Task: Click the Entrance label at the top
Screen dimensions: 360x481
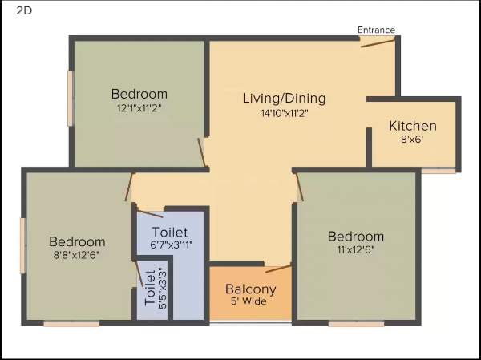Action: (376, 30)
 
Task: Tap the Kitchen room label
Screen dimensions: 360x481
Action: (413, 126)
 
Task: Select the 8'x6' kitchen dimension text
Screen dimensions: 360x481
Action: (412, 139)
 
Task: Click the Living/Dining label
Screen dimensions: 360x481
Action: (284, 99)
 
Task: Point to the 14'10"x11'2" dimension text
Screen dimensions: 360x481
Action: (284, 113)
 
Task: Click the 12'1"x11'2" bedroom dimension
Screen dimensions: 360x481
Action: (139, 107)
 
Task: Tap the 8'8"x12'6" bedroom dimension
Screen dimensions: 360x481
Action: (77, 255)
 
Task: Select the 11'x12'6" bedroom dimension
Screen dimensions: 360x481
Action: (355, 249)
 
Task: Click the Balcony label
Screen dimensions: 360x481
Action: (250, 289)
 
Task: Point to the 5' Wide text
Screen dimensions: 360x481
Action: (250, 302)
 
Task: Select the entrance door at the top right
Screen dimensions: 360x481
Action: (377, 42)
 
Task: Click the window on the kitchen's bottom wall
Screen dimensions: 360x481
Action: (438, 170)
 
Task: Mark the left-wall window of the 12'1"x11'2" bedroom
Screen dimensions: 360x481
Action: (71, 98)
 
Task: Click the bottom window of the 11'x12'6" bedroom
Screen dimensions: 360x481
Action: (355, 324)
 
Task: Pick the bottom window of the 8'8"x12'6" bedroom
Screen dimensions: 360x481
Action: (71, 324)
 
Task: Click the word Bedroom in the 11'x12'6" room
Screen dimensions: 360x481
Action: (355, 237)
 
